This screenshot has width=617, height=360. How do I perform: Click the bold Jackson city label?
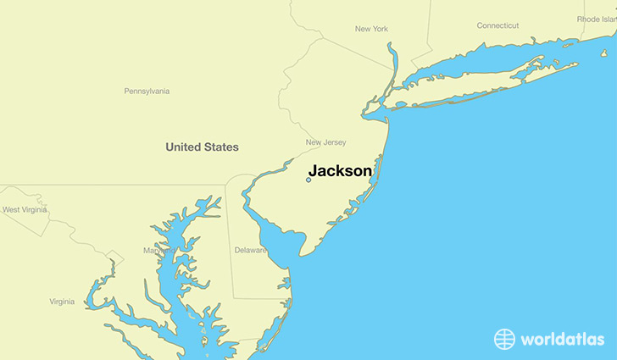coord(339,170)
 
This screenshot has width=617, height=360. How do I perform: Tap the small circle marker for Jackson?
coord(308,180)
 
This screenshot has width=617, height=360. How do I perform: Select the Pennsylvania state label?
coord(147,91)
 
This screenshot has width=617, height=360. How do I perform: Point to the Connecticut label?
coord(497,25)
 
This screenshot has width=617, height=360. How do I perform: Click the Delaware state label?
coord(251,250)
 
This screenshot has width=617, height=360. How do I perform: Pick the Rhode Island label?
coord(597,19)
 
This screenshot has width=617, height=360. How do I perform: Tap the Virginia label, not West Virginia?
coord(62,302)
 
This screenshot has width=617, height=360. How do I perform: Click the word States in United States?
coord(221,147)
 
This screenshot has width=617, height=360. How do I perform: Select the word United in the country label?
coord(183,147)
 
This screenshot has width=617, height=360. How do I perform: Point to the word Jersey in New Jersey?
coord(334,142)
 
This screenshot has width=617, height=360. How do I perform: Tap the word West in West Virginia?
coord(12,209)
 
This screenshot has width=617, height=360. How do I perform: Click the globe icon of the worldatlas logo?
coord(504,339)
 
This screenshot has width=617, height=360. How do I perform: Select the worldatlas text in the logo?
coord(562,340)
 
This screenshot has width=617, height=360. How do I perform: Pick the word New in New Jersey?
coord(314,142)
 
